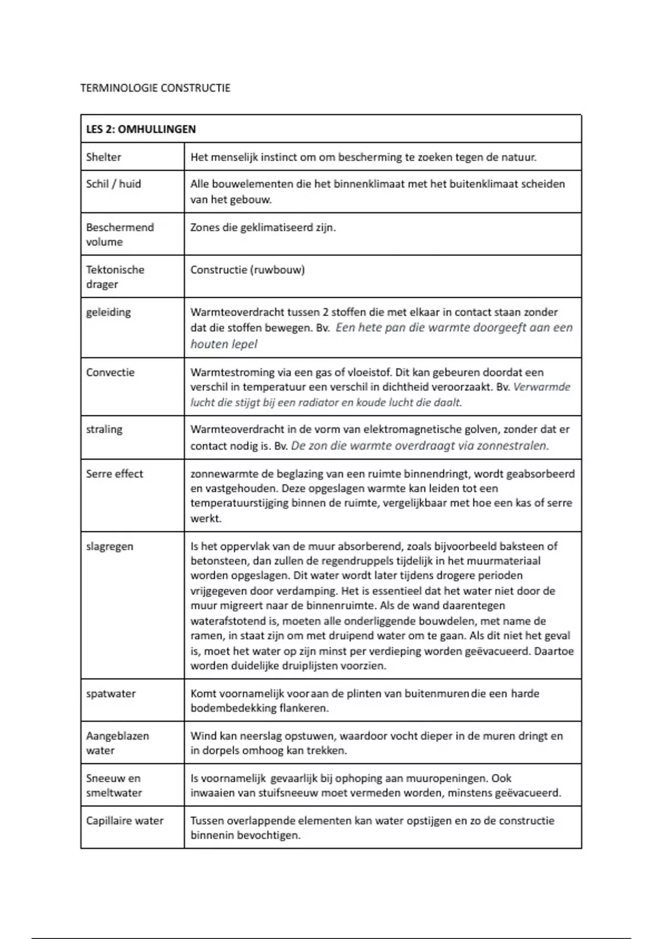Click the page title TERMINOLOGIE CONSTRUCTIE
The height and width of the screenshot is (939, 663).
click(155, 88)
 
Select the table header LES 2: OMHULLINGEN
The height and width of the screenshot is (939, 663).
click(141, 129)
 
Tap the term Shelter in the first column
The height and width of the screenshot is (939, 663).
click(103, 157)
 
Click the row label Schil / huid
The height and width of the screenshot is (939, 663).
click(113, 184)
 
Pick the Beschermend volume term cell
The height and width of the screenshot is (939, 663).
click(120, 234)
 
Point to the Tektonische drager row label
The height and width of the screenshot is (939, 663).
click(115, 277)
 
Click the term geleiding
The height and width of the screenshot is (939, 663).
click(108, 312)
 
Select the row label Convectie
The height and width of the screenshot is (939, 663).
click(110, 372)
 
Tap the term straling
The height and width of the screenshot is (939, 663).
click(104, 429)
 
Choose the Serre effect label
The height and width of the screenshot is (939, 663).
click(114, 474)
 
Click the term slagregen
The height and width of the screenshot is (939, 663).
click(109, 546)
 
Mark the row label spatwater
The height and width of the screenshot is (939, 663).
click(110, 694)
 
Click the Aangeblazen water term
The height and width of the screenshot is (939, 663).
click(117, 743)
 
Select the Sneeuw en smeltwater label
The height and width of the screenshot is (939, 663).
click(114, 785)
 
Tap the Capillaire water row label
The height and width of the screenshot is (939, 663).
click(124, 821)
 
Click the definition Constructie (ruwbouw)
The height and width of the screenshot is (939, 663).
click(248, 270)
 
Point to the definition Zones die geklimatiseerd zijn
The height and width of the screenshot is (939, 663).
click(263, 228)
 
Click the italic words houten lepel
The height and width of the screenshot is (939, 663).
click(224, 344)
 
